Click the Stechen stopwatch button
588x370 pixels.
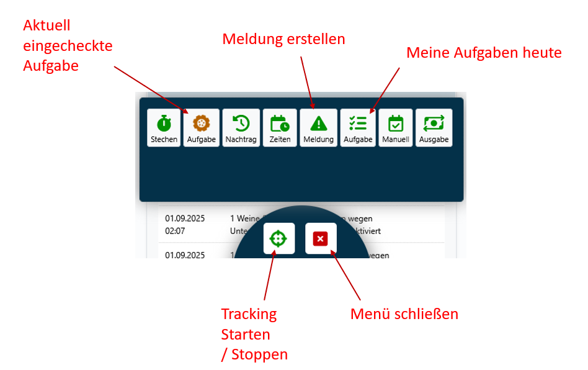(164, 128)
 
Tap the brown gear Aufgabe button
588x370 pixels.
(202, 128)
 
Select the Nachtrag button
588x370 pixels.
(241, 128)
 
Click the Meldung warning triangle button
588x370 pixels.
(318, 128)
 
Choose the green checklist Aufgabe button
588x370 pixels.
(358, 128)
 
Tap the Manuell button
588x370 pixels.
(396, 128)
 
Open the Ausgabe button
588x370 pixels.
(434, 128)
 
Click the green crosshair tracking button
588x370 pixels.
(278, 238)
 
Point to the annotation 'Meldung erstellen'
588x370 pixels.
(283, 39)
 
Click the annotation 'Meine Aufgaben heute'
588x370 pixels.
(484, 53)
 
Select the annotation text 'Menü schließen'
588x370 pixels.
(404, 314)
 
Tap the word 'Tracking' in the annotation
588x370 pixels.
(249, 314)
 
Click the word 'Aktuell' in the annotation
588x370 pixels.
(47, 25)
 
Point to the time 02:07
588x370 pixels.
(176, 230)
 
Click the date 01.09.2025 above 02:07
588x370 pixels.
(185, 219)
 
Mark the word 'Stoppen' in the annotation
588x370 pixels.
(261, 354)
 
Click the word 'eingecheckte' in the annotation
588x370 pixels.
(68, 45)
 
